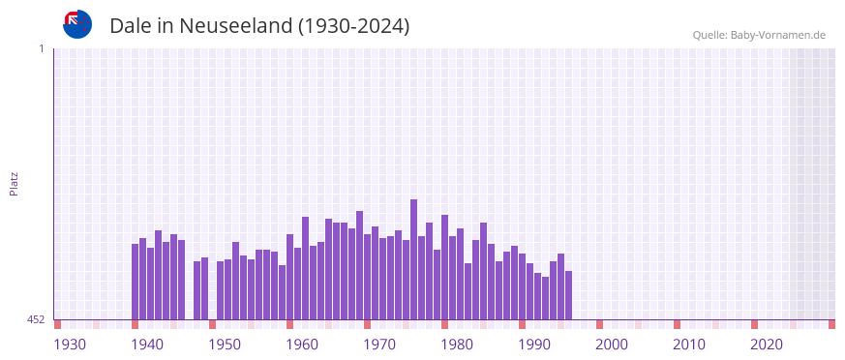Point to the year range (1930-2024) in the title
coord(354,26)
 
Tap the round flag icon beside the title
coord(77,24)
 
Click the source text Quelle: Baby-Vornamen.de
coord(759,35)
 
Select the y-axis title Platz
coord(14,184)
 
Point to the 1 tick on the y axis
coord(41,48)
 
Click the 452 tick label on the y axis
coord(36,319)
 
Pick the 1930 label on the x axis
coord(70,344)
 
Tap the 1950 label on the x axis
coord(225,344)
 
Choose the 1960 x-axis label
coord(302,344)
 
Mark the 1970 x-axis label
coord(379,344)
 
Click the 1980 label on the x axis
coord(457,344)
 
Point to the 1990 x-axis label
coord(534,344)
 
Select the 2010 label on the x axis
coord(689,344)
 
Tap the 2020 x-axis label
coord(767,344)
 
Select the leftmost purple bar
coord(136,281)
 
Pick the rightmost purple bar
coord(569,295)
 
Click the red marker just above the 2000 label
coord(600,324)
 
